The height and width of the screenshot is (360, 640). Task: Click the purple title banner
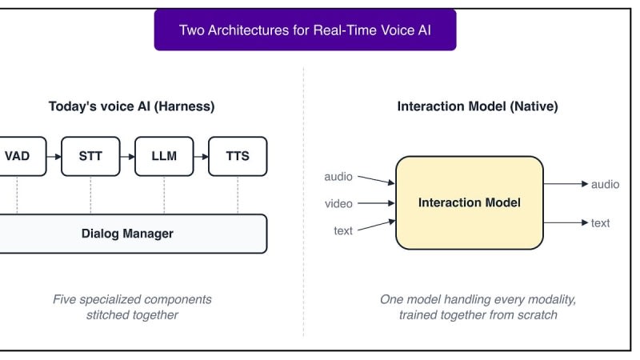305,30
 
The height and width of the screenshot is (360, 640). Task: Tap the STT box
90,156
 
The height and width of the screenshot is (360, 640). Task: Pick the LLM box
164,156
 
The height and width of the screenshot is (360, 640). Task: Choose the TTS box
238,156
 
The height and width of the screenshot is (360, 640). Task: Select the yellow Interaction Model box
470,203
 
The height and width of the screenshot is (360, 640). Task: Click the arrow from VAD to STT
54,156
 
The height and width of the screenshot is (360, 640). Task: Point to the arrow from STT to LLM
127,156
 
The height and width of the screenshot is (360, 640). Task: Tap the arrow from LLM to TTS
201,156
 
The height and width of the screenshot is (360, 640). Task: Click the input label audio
338,177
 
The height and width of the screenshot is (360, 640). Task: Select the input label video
338,204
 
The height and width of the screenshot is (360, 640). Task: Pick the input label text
343,231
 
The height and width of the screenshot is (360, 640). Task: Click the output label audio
606,185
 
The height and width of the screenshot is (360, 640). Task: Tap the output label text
601,223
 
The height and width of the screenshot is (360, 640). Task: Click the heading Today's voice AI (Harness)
131,106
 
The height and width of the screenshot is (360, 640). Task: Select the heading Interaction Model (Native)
478,106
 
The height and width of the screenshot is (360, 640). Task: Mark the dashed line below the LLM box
164,195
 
